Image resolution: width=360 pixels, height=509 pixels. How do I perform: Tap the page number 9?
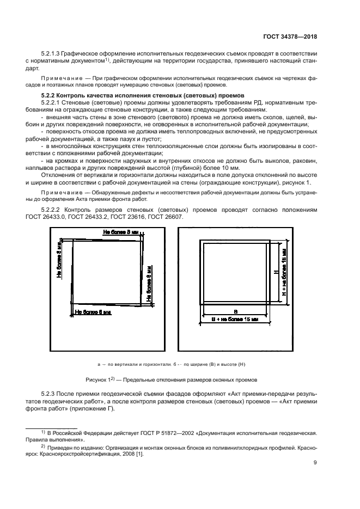315,463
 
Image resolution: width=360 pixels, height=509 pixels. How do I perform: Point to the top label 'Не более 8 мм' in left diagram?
120,232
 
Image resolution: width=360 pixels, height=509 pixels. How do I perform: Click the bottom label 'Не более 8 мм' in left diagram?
93,312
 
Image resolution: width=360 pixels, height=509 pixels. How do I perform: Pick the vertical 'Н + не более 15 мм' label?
284,273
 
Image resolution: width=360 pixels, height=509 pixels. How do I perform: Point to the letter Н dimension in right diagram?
276,272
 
